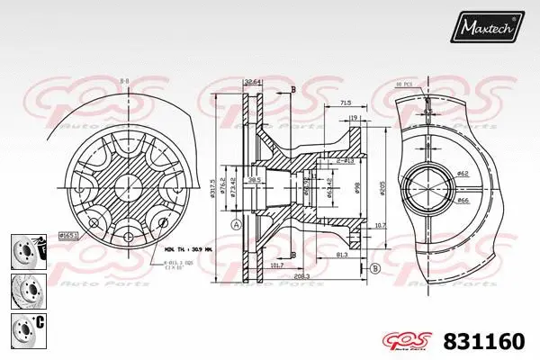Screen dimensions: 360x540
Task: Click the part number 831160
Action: pyautogui.click(x=485, y=341)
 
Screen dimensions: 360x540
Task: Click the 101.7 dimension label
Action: pyautogui.click(x=276, y=265)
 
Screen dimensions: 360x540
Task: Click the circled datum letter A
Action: pyautogui.click(x=235, y=224)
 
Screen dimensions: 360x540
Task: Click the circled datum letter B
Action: pyautogui.click(x=374, y=267)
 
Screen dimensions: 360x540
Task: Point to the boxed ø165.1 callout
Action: pyautogui.click(x=69, y=235)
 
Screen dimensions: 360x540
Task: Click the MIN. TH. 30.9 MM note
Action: pyautogui.click(x=188, y=249)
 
